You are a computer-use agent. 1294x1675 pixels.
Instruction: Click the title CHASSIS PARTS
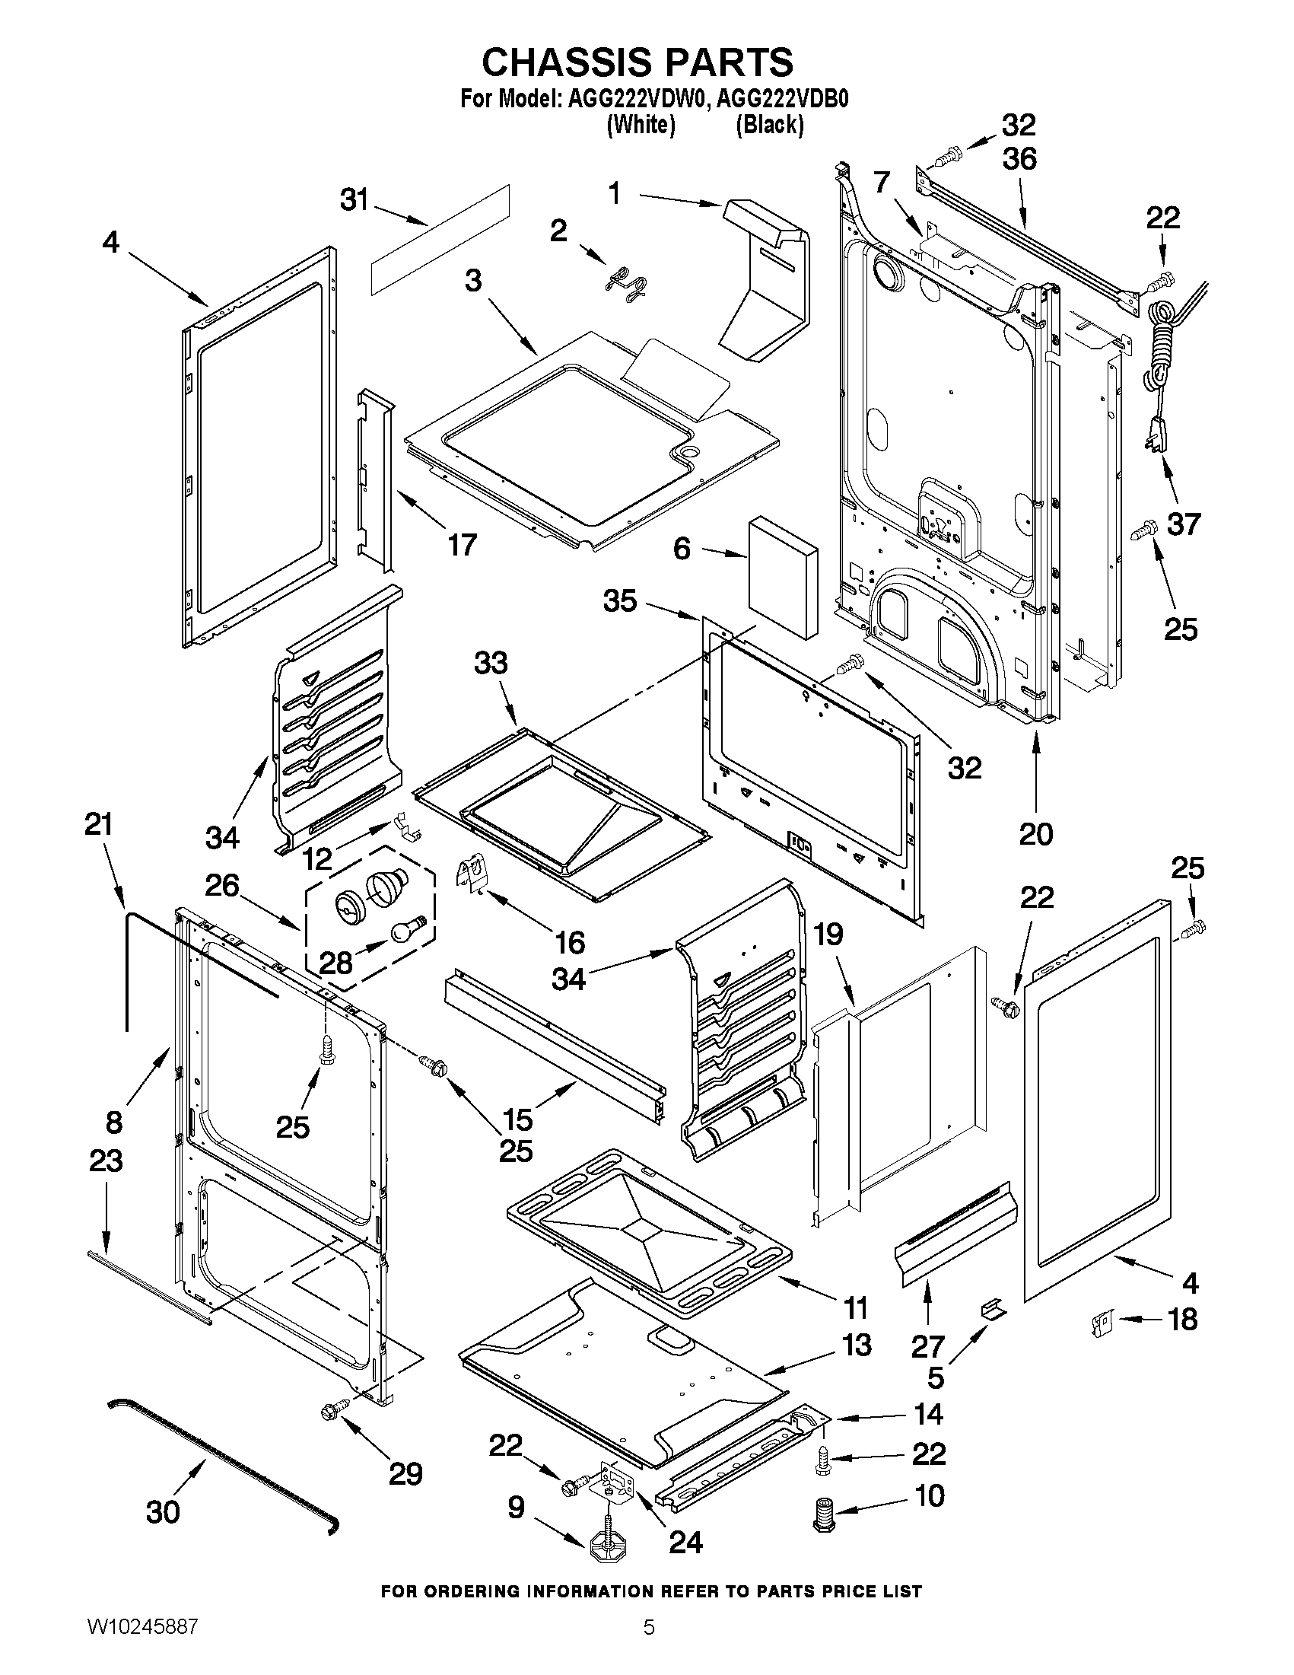coord(637,62)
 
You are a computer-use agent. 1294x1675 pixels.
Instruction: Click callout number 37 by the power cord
coord(1184,524)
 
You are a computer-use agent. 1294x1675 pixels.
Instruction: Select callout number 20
coord(1035,833)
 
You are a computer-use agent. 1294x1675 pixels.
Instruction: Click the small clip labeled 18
coord(1101,1322)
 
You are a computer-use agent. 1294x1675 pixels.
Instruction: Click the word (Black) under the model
coord(769,125)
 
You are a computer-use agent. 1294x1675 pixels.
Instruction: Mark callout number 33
coord(491,662)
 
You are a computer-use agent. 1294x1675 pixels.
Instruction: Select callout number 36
coord(1019,159)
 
